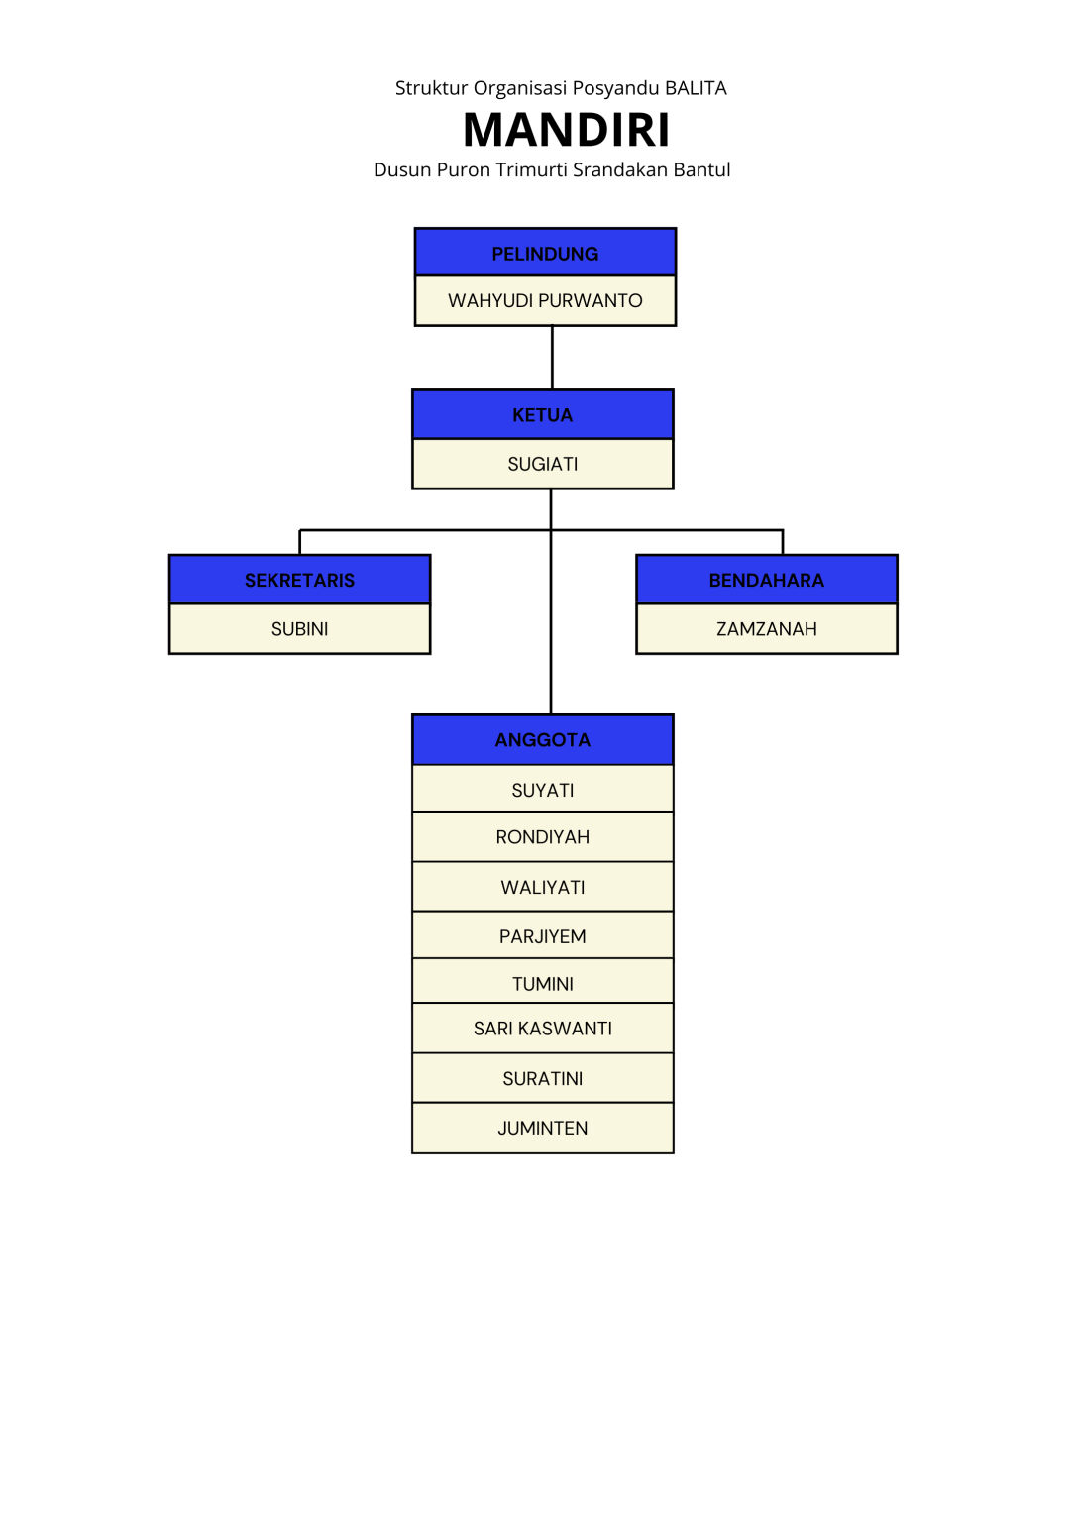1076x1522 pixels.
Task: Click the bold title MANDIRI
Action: click(x=566, y=130)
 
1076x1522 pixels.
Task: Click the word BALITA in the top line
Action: click(x=696, y=88)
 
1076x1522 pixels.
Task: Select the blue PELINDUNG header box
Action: click(x=545, y=253)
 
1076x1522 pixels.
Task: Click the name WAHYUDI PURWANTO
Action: click(x=545, y=300)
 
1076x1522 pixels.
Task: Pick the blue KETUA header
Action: click(x=542, y=415)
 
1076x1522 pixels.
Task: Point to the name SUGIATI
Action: click(x=542, y=464)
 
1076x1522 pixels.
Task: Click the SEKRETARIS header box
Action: click(x=299, y=580)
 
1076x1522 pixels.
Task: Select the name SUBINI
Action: click(x=299, y=629)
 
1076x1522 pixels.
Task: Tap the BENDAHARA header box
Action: click(x=766, y=580)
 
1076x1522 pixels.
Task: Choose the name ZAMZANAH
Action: click(x=766, y=629)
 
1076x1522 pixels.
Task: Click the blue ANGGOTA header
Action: click(x=542, y=740)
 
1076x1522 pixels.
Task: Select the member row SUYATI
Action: click(x=542, y=790)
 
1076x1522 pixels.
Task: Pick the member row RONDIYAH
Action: click(x=542, y=837)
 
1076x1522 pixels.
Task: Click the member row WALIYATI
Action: click(x=542, y=887)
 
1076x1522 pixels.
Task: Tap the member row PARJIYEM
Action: click(x=542, y=936)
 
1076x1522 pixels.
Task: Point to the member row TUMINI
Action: click(x=542, y=983)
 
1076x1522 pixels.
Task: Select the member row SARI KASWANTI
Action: click(x=542, y=1029)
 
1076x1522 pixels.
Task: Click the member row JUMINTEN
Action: click(x=542, y=1128)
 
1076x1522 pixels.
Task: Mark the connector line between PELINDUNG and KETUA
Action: click(x=552, y=358)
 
